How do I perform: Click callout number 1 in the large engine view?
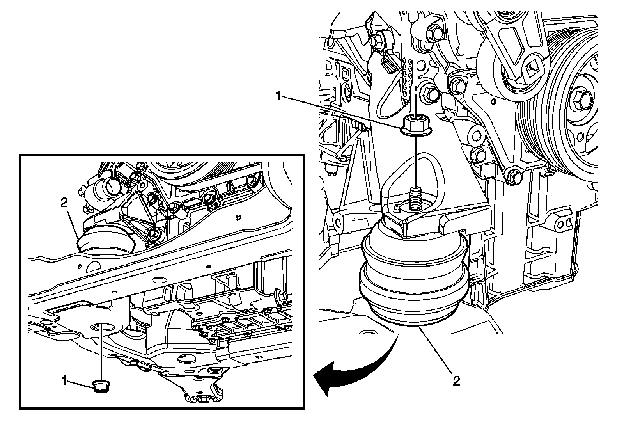point(278,96)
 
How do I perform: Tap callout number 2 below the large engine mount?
point(456,380)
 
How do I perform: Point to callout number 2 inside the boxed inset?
point(64,202)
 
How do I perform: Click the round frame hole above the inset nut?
point(102,327)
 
